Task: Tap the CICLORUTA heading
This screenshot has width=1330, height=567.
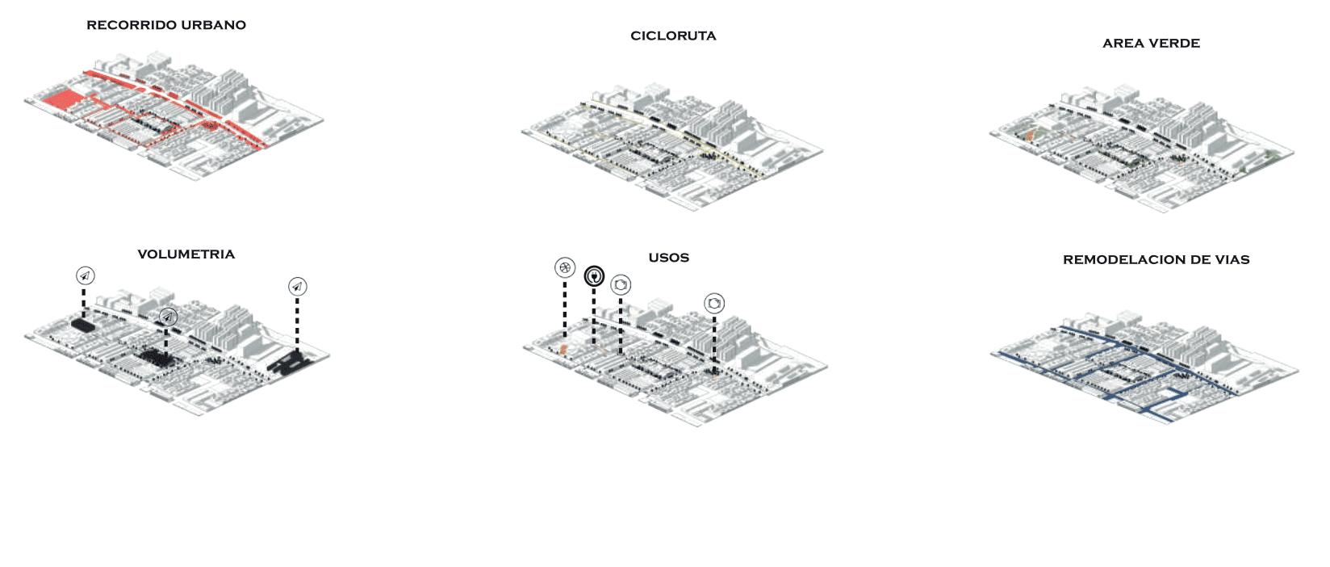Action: pos(673,36)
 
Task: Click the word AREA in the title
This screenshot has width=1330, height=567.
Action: pos(1119,44)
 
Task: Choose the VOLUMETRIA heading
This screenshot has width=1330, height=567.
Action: pos(186,254)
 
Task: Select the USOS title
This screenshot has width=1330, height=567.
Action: pos(668,258)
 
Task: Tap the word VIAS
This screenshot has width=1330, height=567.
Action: pos(1228,260)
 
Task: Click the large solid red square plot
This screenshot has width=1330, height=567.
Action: pos(62,102)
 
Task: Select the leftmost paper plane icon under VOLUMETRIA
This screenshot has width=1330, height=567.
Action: pos(85,276)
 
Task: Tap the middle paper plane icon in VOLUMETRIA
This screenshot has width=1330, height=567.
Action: pos(167,317)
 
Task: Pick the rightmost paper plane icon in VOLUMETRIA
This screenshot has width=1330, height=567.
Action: pos(297,287)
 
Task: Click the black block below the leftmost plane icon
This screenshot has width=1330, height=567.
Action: pos(82,325)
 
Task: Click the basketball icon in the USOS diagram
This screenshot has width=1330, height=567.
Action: pos(565,267)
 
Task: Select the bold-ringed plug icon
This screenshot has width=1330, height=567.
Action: pos(594,277)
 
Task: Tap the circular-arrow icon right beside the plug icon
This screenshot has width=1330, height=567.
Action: pos(621,285)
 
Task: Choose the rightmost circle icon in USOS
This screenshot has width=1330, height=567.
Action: pos(714,304)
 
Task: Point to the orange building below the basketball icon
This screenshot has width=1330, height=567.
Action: pos(563,350)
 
